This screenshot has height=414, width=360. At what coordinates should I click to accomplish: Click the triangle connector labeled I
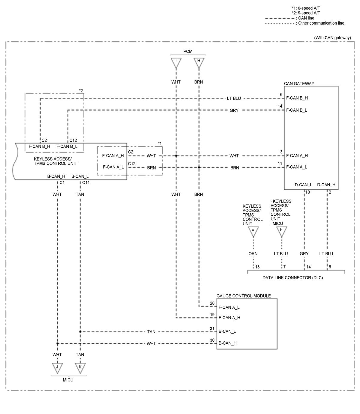(x=176, y=63)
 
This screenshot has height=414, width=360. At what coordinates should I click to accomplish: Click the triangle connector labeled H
(x=199, y=63)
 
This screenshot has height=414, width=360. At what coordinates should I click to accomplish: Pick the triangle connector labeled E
(x=253, y=232)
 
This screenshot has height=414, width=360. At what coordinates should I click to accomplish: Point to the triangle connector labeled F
(x=281, y=232)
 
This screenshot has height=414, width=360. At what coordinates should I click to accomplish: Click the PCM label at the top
(x=188, y=51)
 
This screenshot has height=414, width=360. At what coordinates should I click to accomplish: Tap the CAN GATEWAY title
(x=299, y=83)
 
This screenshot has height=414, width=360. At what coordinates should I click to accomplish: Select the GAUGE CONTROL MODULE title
(x=243, y=296)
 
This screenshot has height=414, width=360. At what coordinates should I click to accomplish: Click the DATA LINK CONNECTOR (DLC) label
(x=292, y=277)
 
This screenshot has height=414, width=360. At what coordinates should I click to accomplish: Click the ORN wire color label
(x=253, y=253)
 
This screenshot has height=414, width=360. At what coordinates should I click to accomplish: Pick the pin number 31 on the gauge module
(x=212, y=328)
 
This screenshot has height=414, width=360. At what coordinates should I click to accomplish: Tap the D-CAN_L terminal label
(x=303, y=185)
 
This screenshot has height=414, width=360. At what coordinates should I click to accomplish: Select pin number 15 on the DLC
(x=257, y=267)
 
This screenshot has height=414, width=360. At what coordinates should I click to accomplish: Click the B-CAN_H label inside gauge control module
(x=227, y=343)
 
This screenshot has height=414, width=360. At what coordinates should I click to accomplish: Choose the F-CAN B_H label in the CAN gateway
(x=297, y=98)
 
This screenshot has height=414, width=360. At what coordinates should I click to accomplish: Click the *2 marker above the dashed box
(x=81, y=91)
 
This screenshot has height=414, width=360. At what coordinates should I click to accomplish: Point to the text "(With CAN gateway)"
(x=332, y=37)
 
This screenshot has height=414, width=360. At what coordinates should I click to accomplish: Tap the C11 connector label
(x=86, y=182)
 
